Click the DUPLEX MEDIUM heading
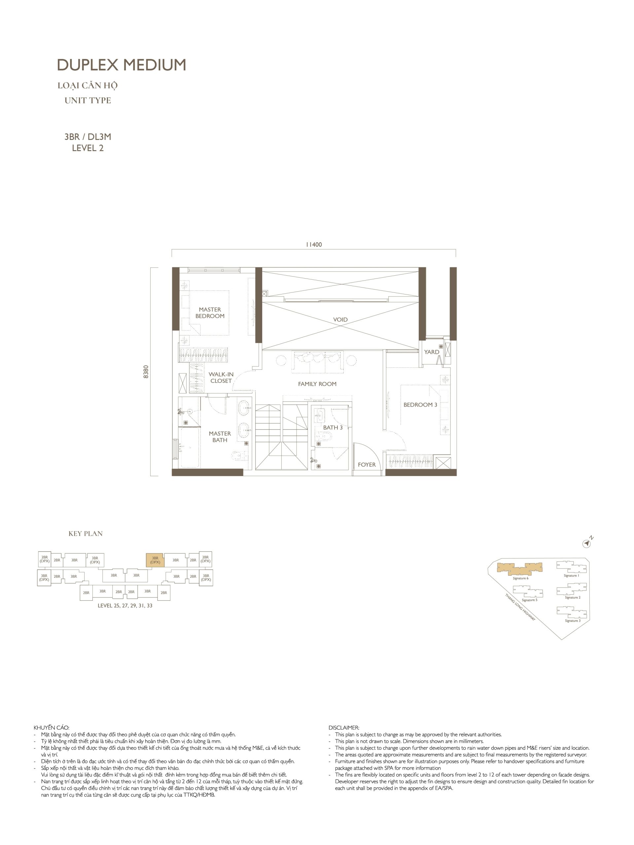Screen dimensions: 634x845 pos(122,65)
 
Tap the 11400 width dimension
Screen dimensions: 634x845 pos(314,245)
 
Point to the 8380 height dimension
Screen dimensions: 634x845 pos(146,372)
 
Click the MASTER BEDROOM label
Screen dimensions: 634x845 pos(210,313)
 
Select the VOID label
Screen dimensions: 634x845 pos(340,320)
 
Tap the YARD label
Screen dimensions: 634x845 pos(432,352)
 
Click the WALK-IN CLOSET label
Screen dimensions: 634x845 pos(221,377)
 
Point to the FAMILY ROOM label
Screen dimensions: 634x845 pos(317,384)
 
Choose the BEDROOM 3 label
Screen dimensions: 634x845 pos(420,405)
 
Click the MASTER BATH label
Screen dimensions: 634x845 pos(220,437)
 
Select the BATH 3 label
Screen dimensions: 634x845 pos(333,427)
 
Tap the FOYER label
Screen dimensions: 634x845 pos(367,464)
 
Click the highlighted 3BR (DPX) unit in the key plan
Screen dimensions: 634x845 pos(155,560)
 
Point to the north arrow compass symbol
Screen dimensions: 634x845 pos(586,543)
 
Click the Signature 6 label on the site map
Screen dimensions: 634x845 pos(520,578)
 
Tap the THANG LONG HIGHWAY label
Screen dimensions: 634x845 pos(520,607)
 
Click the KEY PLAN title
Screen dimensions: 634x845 pos(86,534)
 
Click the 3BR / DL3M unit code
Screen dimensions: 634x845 pos(88,137)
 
